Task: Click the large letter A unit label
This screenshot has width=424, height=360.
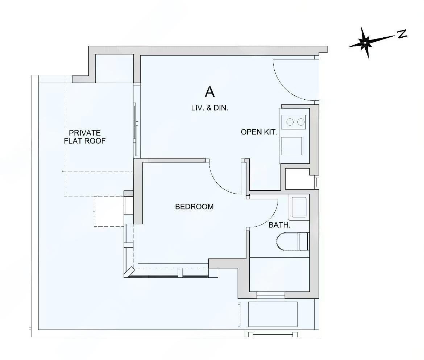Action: point(210,92)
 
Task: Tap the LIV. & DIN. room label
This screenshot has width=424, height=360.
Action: point(209,108)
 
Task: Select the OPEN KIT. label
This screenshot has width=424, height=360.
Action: point(259,132)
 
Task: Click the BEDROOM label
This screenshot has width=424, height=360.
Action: point(194,207)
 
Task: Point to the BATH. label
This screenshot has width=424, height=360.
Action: point(279,225)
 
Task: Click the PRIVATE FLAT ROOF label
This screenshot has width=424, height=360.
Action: point(85,137)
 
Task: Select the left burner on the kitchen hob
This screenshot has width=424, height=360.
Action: point(290,122)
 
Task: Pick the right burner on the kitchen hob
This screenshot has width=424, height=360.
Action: point(301,122)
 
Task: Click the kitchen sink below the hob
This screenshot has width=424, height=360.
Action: point(291,146)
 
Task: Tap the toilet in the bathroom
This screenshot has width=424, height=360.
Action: point(292,241)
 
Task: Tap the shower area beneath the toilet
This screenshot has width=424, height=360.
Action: point(279,274)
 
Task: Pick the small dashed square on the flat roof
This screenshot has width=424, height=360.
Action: point(109,211)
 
